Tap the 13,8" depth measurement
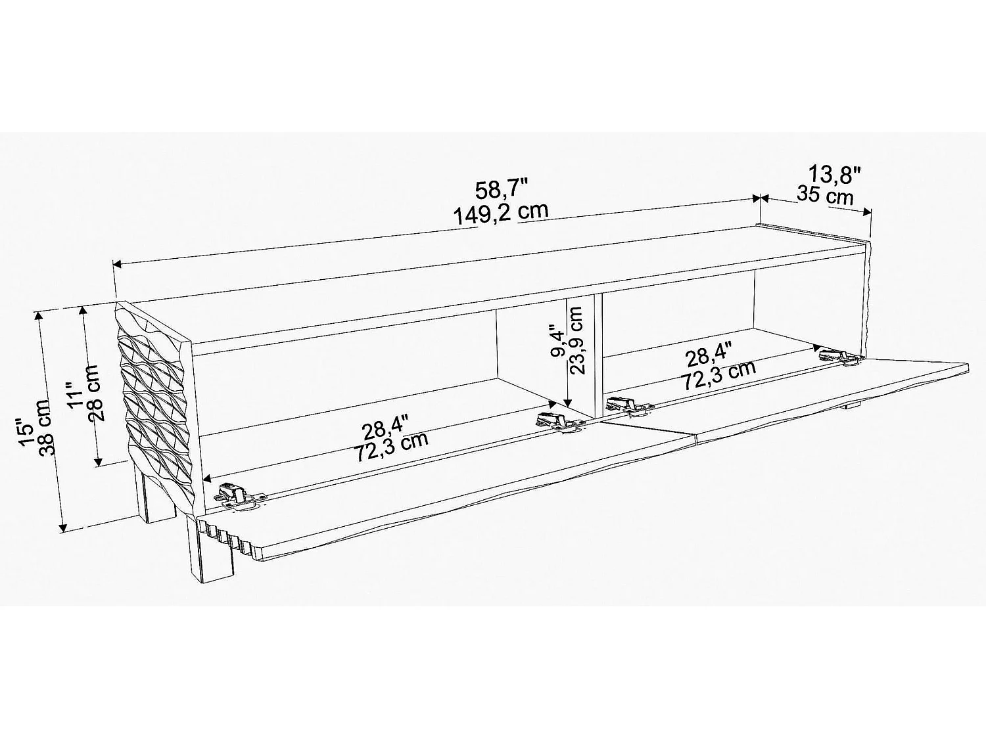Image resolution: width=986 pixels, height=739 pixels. (834, 175)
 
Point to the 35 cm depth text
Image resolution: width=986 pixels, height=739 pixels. (825, 195)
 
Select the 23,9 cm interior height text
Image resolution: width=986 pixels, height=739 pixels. (577, 340)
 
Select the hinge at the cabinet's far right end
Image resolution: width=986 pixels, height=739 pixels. (841, 357)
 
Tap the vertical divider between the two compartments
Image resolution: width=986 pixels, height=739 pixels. (598, 355)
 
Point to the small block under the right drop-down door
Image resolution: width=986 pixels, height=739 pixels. (853, 407)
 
